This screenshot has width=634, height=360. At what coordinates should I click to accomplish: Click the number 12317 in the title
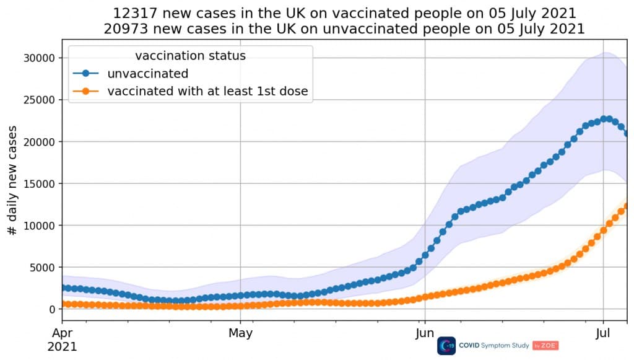coord(133,13)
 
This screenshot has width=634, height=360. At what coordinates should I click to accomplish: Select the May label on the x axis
coord(240,333)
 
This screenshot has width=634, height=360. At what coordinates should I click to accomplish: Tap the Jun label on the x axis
coord(425,333)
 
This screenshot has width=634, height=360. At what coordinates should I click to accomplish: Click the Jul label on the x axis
coord(604,333)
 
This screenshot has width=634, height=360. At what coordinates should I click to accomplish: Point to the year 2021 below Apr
coord(62,346)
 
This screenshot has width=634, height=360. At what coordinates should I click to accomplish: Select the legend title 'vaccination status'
coord(190,56)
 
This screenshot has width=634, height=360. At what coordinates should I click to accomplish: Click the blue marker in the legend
coord(85,74)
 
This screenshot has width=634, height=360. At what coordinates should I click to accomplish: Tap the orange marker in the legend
coord(85,92)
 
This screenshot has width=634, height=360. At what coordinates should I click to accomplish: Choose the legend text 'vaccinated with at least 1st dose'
coord(207,92)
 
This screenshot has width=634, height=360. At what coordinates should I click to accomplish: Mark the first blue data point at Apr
coord(63,288)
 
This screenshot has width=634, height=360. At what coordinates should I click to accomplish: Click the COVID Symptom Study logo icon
coord(446,346)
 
